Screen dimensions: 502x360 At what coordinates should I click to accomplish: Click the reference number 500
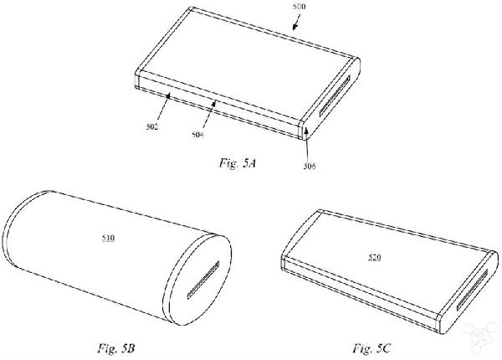[299, 7]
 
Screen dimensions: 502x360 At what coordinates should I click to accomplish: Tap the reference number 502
[152, 126]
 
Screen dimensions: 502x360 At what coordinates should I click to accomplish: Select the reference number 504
[197, 135]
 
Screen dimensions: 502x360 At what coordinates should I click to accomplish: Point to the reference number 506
[310, 166]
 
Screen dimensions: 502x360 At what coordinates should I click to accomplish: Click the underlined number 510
[108, 238]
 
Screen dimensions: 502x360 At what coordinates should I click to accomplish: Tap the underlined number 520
[374, 257]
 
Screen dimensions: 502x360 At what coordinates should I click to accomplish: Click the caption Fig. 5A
[238, 163]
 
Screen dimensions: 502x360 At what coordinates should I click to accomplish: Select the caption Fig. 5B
[116, 347]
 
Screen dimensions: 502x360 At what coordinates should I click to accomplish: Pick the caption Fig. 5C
[371, 347]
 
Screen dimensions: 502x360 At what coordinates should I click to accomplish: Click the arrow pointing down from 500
[297, 23]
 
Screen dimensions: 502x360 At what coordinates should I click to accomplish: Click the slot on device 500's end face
[335, 95]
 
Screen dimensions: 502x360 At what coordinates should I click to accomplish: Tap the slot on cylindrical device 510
[203, 280]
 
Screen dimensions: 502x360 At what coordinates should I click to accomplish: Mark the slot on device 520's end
[472, 290]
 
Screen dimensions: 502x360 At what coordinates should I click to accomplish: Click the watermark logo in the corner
[481, 337]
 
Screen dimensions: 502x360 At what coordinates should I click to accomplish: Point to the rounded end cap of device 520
[469, 292]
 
